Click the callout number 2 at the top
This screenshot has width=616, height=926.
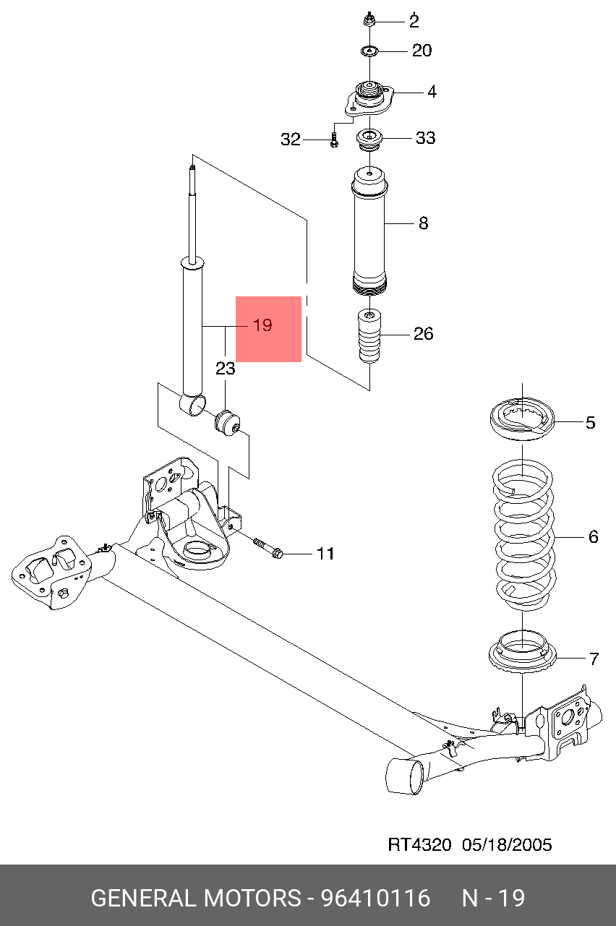tap(414, 21)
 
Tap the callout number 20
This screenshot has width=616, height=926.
tap(422, 51)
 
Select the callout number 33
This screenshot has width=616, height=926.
tap(425, 137)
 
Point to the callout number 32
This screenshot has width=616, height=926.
tap(291, 140)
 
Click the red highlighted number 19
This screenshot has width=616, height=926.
tap(263, 326)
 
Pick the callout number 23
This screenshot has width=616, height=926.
tap(226, 369)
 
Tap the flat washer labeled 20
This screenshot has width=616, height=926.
tap(370, 51)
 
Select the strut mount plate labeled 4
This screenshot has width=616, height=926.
tap(369, 100)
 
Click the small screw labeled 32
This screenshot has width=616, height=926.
tap(333, 139)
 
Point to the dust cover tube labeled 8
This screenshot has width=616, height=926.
tap(369, 231)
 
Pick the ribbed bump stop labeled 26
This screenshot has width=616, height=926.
tap(369, 338)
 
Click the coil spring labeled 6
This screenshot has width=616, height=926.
tap(522, 535)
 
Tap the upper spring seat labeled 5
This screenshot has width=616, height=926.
tap(521, 419)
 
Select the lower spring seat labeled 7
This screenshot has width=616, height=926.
tap(521, 651)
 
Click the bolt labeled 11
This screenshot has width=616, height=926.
tap(267, 547)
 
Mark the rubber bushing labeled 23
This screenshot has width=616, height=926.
tap(227, 421)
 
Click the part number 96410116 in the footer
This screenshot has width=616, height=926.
tap(375, 899)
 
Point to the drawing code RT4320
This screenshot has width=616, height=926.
tap(419, 844)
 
